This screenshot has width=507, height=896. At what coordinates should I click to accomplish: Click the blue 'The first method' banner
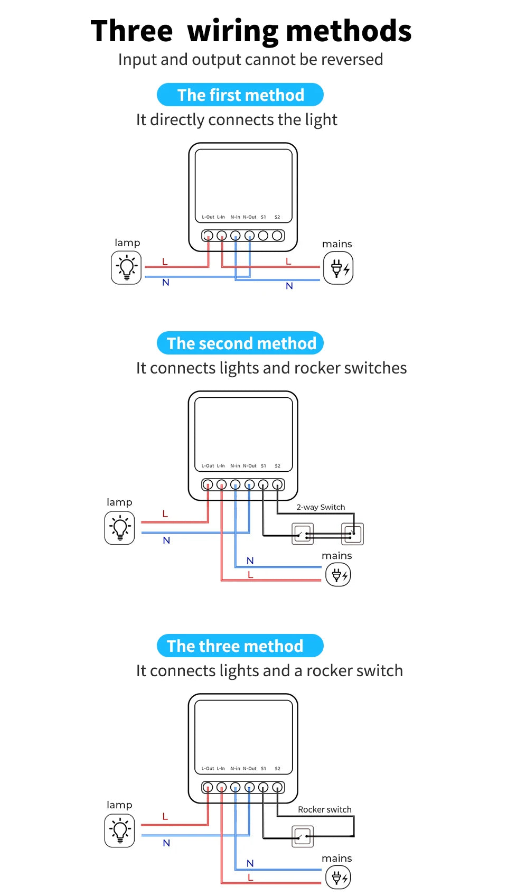pos(240,95)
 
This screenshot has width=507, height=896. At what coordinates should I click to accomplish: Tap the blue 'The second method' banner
pos(240,343)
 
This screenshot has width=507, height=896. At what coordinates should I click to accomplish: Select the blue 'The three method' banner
pos(240,646)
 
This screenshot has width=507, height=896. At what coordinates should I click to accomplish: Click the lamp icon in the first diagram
pos(126,267)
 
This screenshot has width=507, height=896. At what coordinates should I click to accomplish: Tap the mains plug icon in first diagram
pos(338,268)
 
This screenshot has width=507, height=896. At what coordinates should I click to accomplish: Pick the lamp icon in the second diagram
pos(120,528)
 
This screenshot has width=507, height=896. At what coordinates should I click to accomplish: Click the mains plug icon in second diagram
pos(338,574)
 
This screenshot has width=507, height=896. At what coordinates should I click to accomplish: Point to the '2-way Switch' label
pos(321,507)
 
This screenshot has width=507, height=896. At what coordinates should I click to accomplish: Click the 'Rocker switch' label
pos(324,809)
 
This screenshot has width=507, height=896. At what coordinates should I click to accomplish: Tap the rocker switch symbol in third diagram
pos(303,836)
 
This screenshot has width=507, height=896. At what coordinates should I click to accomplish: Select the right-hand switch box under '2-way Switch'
pos(353,534)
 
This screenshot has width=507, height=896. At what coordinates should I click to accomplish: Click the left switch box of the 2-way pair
pos(303,534)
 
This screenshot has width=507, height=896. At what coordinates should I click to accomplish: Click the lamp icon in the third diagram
pos(120,830)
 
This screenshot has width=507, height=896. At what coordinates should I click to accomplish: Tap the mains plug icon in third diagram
pos(338,878)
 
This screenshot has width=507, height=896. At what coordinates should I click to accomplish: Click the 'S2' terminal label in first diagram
pos(277,217)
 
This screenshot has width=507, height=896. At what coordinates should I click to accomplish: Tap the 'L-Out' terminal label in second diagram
pos(208,466)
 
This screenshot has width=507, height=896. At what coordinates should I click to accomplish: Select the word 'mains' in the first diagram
pos(337,244)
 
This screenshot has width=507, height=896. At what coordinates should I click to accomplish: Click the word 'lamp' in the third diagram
pos(119,805)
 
